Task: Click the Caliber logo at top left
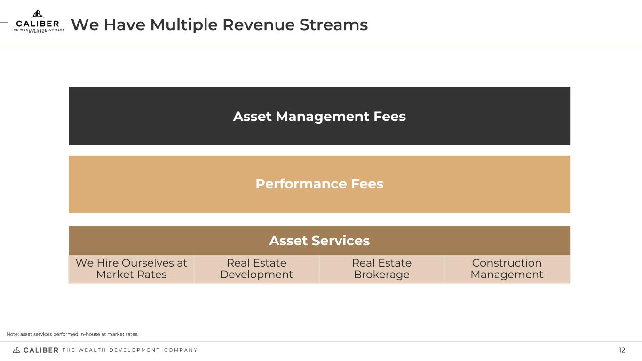(x=38, y=22)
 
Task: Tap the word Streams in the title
(x=333, y=24)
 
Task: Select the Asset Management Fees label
(x=319, y=116)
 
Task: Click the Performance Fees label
(x=319, y=184)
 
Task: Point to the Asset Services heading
(x=319, y=241)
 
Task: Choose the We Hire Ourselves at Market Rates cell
(x=131, y=269)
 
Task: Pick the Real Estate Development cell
(x=256, y=269)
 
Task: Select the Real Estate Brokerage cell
(x=381, y=269)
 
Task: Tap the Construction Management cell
(x=507, y=269)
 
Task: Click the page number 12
(x=622, y=350)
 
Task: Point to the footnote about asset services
(x=72, y=334)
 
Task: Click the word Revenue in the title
(x=259, y=24)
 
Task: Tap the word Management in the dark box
(x=323, y=116)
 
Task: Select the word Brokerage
(x=381, y=275)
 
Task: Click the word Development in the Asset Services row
(x=256, y=275)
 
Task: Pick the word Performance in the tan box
(x=301, y=184)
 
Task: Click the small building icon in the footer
(x=16, y=350)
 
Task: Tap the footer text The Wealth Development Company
(x=130, y=350)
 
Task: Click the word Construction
(x=507, y=263)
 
